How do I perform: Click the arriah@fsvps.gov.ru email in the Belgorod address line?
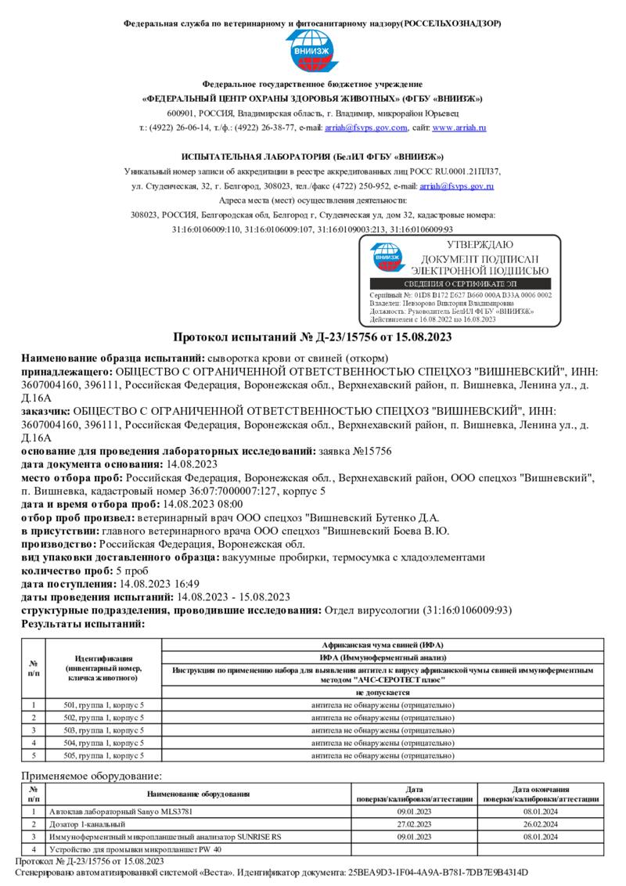coord(457,186)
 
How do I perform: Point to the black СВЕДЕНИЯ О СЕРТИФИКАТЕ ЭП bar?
coord(460,283)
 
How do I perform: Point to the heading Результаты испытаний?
coord(83,624)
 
